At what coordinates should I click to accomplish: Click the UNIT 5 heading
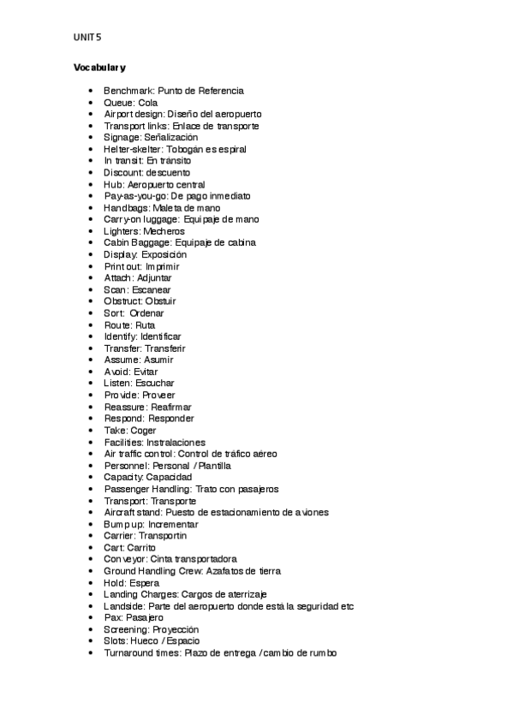pos(88,37)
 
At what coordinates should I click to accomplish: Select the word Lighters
pos(122,231)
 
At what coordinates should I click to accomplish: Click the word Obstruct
pos(123,301)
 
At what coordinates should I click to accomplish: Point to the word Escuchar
pos(154,384)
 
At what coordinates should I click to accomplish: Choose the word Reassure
pos(125,407)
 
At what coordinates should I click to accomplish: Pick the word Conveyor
pos(123,559)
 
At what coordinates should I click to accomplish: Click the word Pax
pos(111,617)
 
